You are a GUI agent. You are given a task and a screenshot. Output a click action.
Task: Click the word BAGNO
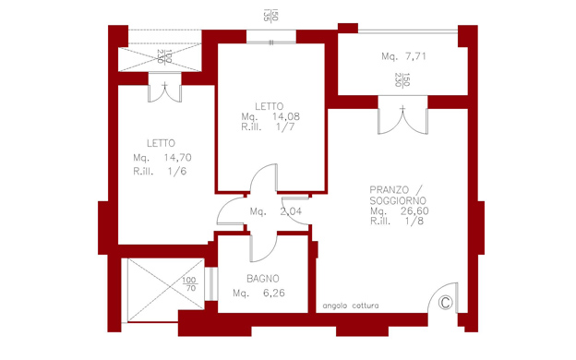(x=263, y=279)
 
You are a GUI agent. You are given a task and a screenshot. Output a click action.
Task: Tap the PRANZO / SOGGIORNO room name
(x=398, y=196)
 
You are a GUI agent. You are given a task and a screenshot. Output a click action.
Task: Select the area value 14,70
(x=178, y=158)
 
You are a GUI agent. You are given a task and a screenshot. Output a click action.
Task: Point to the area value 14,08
(x=286, y=116)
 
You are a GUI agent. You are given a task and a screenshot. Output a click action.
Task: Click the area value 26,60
(x=414, y=210)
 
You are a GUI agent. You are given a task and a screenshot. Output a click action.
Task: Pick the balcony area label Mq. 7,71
(x=403, y=56)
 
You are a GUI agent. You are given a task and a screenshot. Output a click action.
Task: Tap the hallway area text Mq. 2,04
(x=276, y=211)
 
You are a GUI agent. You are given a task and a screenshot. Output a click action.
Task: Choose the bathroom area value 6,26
(x=273, y=294)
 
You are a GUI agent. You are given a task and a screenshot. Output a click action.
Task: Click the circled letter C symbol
(x=445, y=303)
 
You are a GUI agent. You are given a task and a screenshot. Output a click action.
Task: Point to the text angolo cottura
(x=351, y=306)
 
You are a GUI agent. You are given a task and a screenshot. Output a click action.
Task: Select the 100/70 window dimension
(x=190, y=284)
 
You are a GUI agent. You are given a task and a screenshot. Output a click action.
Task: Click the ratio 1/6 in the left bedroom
(x=177, y=171)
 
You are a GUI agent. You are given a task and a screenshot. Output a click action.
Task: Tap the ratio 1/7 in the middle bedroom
(x=285, y=127)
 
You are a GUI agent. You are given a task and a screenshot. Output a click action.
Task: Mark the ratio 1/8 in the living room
(x=414, y=222)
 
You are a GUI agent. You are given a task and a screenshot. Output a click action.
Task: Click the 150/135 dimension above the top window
(x=271, y=16)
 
